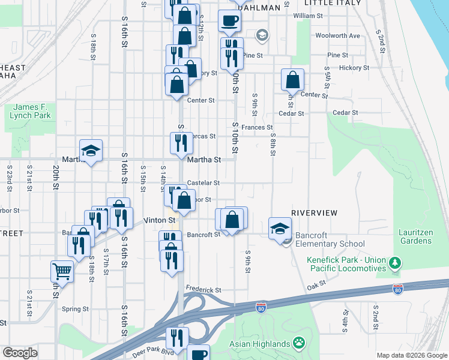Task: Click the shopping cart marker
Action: [x=62, y=271]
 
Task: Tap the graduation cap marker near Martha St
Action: [x=91, y=151]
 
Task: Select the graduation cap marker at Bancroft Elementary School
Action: [x=280, y=229]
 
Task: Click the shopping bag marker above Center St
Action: [x=292, y=79]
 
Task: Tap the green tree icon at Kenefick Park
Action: [x=395, y=263]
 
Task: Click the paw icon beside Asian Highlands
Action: [x=298, y=343]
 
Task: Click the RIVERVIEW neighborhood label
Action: [x=315, y=213]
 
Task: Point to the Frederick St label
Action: [x=203, y=290]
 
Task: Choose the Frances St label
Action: [x=257, y=127]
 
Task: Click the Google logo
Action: [x=20, y=353]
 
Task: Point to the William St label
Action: [x=308, y=16]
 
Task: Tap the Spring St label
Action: [x=75, y=309]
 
